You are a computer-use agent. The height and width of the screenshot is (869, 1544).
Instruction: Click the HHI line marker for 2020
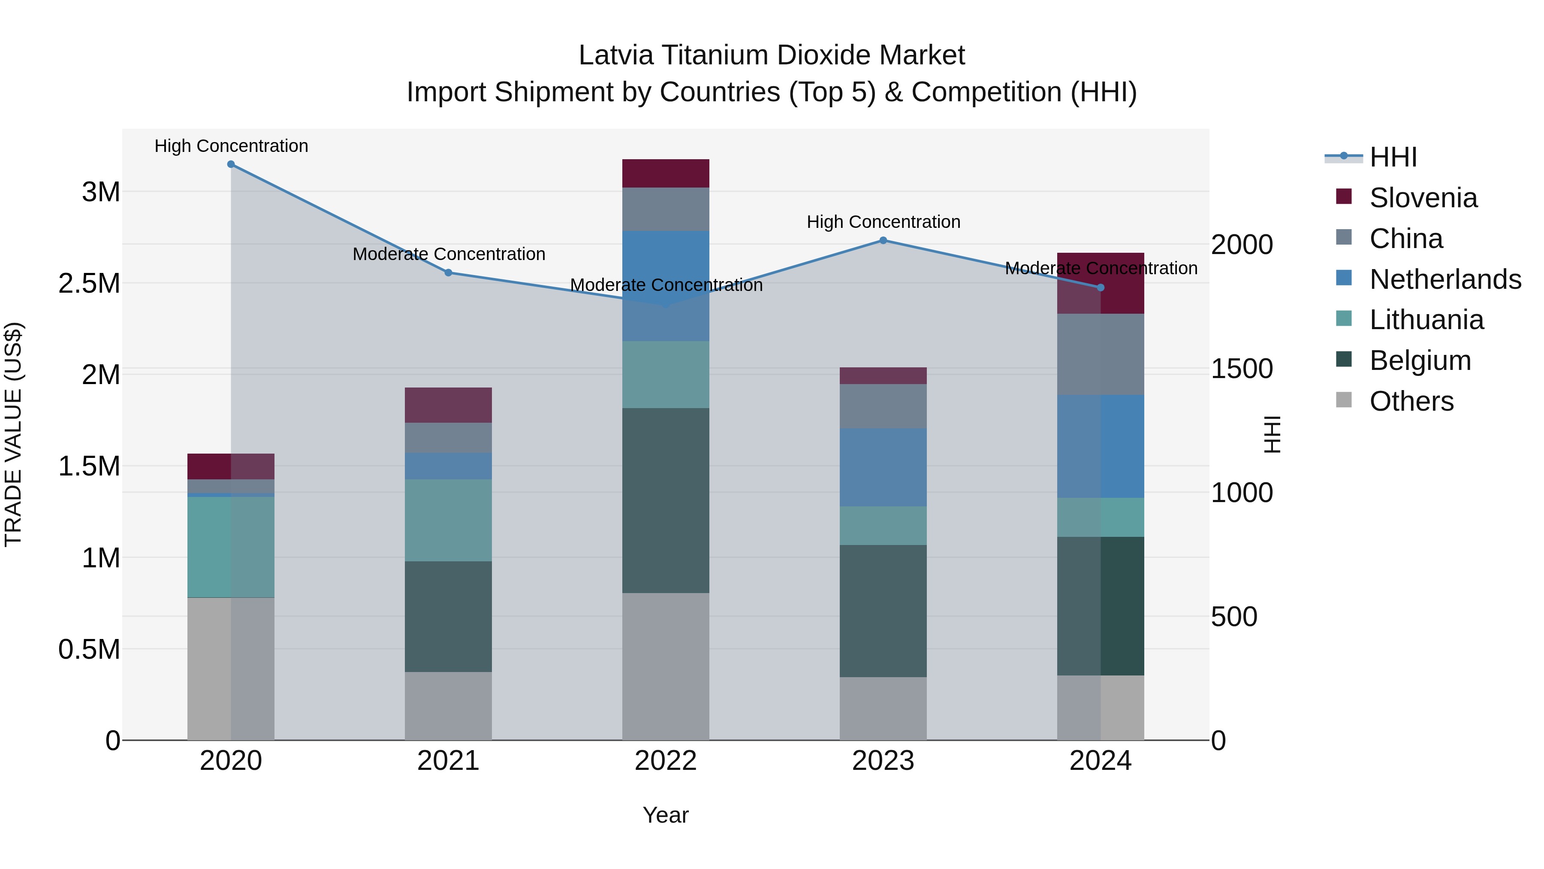tap(231, 164)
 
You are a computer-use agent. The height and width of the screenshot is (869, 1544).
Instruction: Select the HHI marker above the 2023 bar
tap(883, 240)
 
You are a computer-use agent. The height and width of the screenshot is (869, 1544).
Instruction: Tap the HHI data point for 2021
tap(448, 273)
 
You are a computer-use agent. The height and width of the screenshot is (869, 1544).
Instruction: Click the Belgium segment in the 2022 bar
tap(665, 500)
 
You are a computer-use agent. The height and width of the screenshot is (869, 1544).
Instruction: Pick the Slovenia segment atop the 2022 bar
tap(665, 173)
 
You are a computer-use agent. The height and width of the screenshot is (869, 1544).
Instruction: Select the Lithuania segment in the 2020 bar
tap(231, 547)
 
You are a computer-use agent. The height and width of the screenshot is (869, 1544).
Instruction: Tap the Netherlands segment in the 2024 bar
tap(1101, 446)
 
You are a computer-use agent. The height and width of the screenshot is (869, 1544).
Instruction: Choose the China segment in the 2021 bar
tap(448, 438)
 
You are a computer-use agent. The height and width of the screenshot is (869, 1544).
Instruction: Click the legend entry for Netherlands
tap(1444, 279)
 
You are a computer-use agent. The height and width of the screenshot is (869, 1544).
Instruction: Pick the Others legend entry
tap(1411, 401)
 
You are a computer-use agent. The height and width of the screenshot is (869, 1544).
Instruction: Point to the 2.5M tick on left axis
tap(89, 284)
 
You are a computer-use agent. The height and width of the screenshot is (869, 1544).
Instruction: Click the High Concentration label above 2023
tap(883, 222)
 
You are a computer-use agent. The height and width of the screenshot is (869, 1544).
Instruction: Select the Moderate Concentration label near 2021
tap(448, 254)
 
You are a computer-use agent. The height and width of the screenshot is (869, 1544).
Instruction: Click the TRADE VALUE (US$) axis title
tap(13, 434)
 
